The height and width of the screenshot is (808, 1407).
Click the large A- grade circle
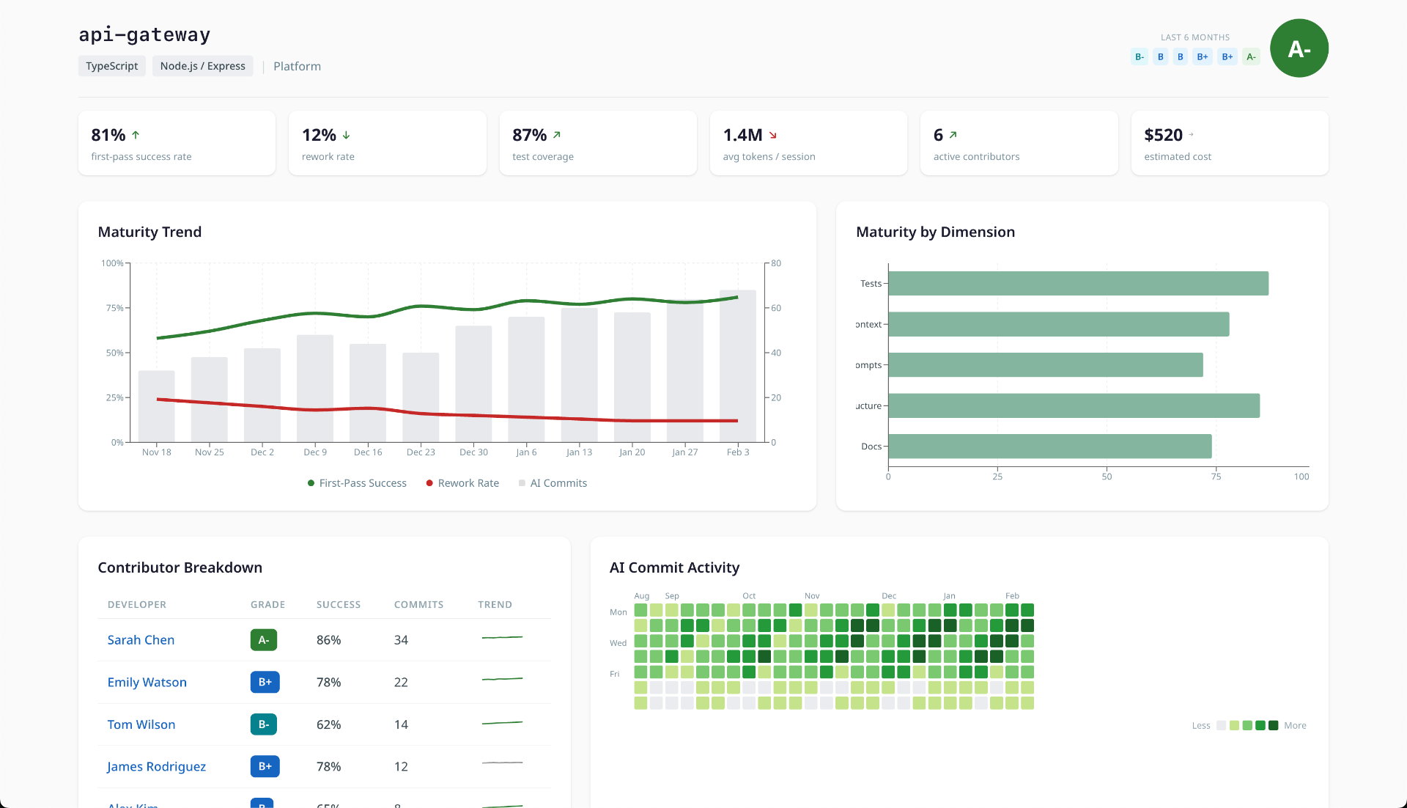(1299, 48)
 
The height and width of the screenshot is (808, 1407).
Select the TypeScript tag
(111, 66)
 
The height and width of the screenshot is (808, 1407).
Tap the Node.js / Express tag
(202, 66)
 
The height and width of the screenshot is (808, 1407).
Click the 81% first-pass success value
(108, 135)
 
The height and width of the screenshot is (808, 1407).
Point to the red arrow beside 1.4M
(773, 136)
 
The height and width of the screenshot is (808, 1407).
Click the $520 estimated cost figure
(1163, 135)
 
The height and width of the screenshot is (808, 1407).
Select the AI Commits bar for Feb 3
(737, 367)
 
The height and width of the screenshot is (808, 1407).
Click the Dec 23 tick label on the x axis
(421, 452)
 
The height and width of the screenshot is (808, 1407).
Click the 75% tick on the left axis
(114, 308)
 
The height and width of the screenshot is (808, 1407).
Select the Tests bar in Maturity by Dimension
(1077, 284)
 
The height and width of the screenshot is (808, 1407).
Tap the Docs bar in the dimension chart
(1049, 447)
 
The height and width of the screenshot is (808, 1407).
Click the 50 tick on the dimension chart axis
(1107, 477)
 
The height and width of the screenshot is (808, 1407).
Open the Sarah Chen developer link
(141, 640)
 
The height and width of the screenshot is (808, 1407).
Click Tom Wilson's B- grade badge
(263, 724)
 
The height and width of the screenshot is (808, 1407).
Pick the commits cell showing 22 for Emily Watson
(401, 683)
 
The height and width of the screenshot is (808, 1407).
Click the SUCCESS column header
(339, 605)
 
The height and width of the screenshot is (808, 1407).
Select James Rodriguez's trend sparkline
(502, 763)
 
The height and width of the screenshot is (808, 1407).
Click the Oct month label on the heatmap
(749, 596)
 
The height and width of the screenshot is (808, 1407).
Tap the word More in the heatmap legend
(1295, 726)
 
